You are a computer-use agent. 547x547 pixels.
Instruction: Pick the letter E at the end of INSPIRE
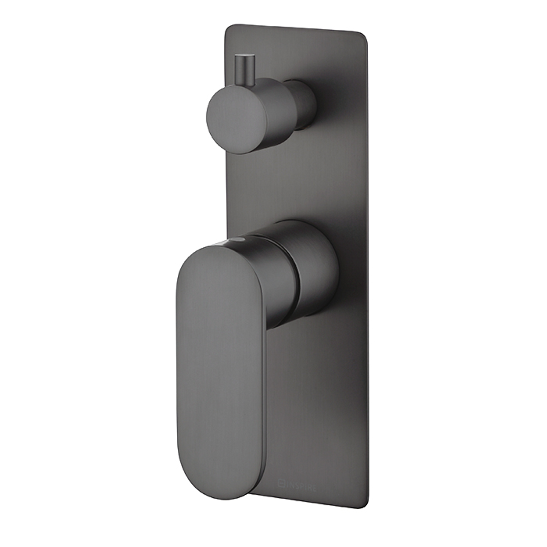click(314, 488)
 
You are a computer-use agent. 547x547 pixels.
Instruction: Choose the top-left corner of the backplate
click(227, 28)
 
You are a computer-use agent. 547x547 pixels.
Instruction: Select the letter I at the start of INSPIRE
click(287, 487)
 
